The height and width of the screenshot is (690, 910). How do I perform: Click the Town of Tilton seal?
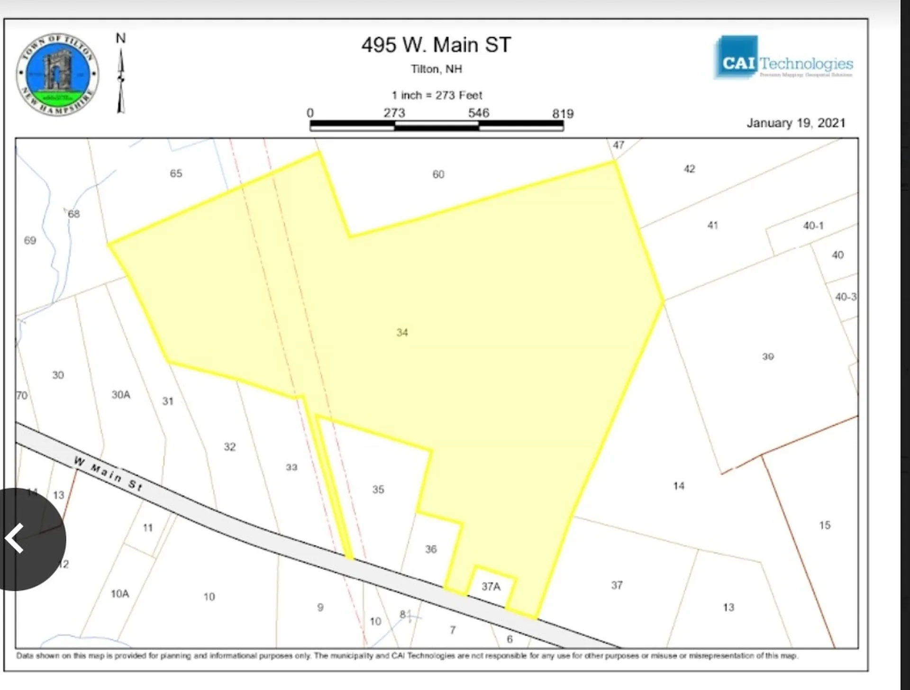tap(57, 74)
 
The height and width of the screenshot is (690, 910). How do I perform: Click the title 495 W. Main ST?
tap(436, 45)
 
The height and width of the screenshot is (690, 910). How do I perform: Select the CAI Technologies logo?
tap(783, 59)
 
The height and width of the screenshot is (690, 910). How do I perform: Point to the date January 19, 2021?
tap(796, 123)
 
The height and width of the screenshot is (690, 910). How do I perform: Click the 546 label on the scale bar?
tap(478, 113)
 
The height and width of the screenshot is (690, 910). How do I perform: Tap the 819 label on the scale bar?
tap(563, 113)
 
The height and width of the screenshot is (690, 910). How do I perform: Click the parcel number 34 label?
tap(402, 332)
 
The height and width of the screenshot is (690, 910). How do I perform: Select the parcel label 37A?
tap(491, 586)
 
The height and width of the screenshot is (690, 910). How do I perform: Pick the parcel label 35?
tap(378, 489)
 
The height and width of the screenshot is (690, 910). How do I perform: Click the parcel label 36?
tap(430, 549)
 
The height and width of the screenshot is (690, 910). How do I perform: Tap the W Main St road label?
tap(108, 473)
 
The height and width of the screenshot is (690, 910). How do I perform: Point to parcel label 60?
tap(438, 174)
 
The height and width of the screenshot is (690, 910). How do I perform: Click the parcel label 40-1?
tap(813, 226)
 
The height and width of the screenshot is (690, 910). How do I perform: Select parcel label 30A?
tap(120, 394)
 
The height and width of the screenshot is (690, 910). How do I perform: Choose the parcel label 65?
tap(176, 173)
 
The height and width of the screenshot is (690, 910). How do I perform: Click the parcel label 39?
tap(768, 356)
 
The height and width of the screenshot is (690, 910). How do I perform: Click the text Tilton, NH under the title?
tap(436, 69)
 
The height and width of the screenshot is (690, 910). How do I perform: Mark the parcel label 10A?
tap(119, 593)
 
